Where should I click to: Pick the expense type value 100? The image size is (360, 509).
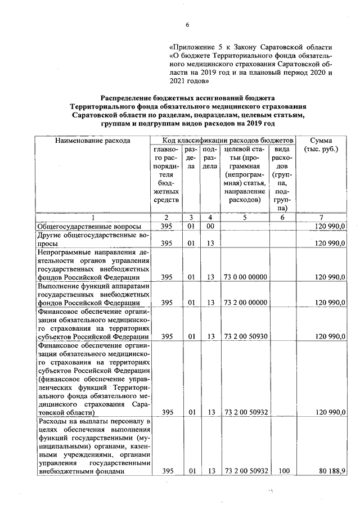(x=283, y=471)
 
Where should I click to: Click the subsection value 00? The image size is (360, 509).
(x=209, y=226)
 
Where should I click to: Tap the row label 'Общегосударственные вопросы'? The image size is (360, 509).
(x=88, y=226)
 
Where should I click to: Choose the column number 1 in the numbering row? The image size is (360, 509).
(x=93, y=217)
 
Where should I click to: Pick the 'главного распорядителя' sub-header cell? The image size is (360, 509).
(x=165, y=174)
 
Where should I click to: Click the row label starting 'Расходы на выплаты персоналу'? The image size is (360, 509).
(x=93, y=446)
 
